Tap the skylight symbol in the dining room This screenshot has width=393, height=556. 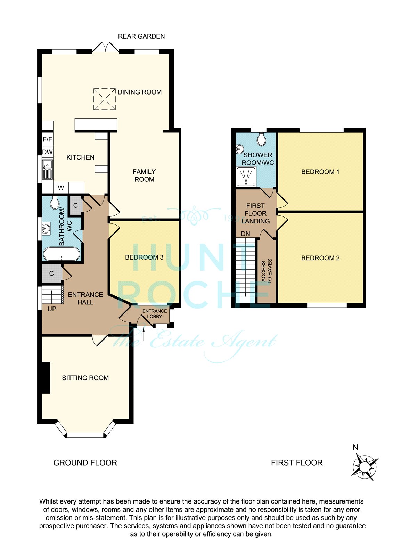[x=104, y=99]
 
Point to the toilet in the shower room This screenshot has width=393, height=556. [x=261, y=139]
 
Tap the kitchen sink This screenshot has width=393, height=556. [x=47, y=170]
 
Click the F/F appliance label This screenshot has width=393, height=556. [x=47, y=139]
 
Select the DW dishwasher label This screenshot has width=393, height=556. [x=47, y=152]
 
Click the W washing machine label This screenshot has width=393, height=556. [x=61, y=188]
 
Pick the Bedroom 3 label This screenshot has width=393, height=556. [x=144, y=257]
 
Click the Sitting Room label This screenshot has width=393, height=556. [x=85, y=378]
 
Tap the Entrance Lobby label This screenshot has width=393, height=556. [x=154, y=314]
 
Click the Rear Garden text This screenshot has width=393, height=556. [x=141, y=36]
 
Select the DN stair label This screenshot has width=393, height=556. [x=245, y=234]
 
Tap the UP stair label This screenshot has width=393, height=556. [x=52, y=309]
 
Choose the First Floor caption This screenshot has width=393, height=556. [x=297, y=463]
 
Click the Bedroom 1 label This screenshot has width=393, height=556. [x=320, y=172]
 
